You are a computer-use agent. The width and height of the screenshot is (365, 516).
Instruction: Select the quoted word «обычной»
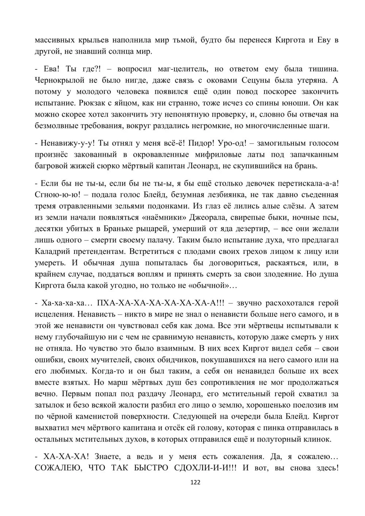(210, 286)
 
